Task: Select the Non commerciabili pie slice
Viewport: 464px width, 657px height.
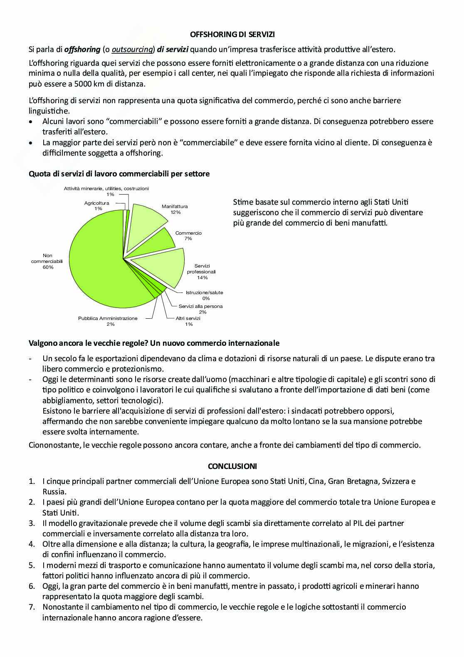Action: [96, 266]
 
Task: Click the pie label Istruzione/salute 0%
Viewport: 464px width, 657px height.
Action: [204, 295]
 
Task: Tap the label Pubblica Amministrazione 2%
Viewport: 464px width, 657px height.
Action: [108, 321]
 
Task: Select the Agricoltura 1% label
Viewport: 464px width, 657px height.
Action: [97, 206]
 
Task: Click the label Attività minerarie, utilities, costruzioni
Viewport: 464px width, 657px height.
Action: [106, 188]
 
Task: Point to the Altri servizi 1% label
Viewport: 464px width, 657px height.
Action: [188, 321]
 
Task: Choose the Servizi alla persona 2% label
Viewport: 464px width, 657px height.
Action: [201, 309]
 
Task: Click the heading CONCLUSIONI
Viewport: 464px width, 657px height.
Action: [232, 466]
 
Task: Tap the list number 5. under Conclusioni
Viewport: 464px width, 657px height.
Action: [32, 565]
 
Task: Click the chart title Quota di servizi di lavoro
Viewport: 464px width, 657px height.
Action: [119, 174]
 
